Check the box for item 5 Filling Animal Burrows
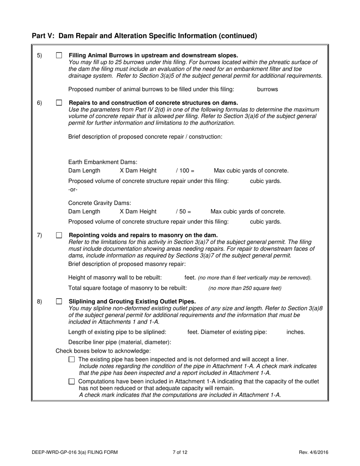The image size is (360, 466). [x=59, y=55]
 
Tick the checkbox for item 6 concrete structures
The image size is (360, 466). [x=59, y=103]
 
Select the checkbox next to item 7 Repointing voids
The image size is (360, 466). [x=59, y=235]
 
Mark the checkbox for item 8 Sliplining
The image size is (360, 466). [x=59, y=302]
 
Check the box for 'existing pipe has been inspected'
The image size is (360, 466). [x=72, y=359]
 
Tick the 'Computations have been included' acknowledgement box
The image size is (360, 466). [x=72, y=382]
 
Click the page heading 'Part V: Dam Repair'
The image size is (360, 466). [x=144, y=36]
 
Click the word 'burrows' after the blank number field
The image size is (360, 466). [x=267, y=89]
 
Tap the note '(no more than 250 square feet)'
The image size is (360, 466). [x=245, y=288]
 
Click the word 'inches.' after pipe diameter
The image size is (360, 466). [x=296, y=332]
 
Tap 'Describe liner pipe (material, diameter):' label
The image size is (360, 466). [x=119, y=342]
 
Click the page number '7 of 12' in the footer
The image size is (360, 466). [x=180, y=452]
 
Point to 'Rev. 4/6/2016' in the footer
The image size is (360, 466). [x=313, y=452]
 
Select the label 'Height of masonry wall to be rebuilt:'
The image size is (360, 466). [x=115, y=278]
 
